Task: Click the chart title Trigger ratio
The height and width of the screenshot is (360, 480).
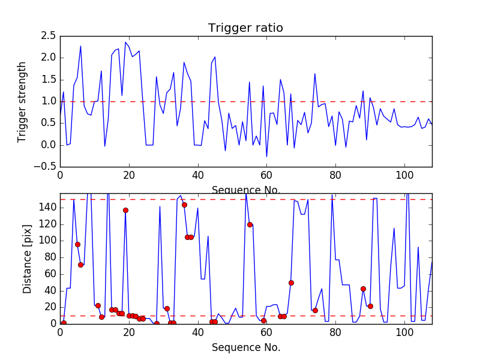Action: [245, 28]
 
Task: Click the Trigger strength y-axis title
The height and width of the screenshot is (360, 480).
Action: [22, 101]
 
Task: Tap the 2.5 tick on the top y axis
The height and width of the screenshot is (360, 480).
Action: [49, 36]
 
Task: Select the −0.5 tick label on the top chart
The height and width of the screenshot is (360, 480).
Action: [44, 167]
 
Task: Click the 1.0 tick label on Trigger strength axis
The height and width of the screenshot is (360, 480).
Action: [49, 101]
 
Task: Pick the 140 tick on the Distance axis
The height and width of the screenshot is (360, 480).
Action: [46, 208]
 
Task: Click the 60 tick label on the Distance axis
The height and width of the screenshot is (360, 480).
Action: [49, 274]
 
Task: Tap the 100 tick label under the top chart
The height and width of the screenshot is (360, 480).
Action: [404, 176]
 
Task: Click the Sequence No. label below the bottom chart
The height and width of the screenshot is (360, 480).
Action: [245, 347]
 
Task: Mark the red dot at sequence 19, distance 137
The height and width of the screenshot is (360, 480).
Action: [125, 210]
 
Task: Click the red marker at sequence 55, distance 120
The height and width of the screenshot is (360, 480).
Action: [250, 224]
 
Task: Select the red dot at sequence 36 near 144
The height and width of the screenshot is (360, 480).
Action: [184, 205]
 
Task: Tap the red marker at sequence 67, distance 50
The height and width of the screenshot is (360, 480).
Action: [291, 283]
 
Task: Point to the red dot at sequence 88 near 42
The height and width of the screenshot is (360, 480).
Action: [363, 289]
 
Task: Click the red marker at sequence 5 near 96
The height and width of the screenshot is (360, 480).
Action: [77, 244]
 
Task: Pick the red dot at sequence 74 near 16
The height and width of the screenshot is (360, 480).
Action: [315, 310]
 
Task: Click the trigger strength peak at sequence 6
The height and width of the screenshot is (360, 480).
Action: [80, 46]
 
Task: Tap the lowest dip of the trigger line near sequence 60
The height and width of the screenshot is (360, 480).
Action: [266, 157]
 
